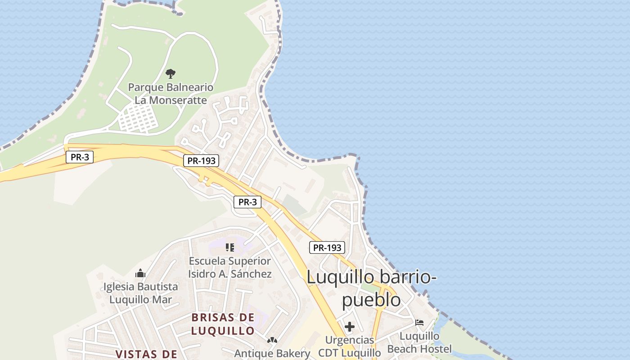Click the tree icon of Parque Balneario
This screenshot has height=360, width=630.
(171, 73)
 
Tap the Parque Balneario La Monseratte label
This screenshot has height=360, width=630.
(171, 94)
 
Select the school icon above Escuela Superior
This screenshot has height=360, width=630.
(230, 247)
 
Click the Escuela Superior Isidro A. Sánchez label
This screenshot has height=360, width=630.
(230, 267)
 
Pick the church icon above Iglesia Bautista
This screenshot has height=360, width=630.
(140, 273)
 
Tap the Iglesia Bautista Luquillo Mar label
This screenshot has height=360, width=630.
(140, 293)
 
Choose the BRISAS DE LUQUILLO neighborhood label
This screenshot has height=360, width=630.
(223, 324)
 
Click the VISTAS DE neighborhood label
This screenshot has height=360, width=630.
(147, 354)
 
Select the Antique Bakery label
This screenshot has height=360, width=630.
(272, 353)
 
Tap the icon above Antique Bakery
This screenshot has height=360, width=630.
(272, 340)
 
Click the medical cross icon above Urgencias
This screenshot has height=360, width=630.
(349, 326)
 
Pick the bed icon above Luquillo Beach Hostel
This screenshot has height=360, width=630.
(419, 323)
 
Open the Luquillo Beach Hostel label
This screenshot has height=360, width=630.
(419, 342)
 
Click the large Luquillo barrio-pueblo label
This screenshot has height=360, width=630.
(371, 288)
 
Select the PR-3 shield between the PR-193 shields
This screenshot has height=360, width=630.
(247, 202)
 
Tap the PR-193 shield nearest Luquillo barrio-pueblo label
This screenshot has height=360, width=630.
(327, 247)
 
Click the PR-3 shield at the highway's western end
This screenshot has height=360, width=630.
(80, 157)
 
